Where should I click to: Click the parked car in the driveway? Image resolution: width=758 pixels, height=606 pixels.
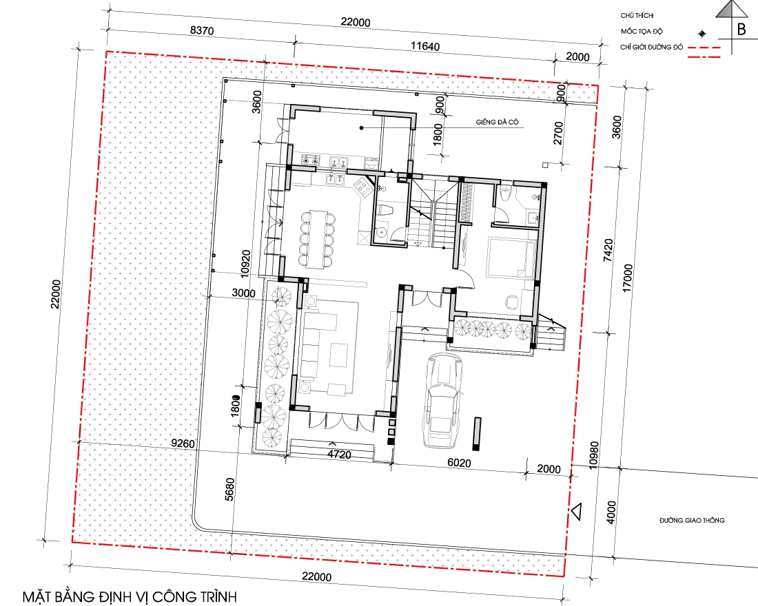pyautogui.click(x=442, y=401)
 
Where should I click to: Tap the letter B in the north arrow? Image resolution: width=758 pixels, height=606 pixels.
pyautogui.click(x=741, y=29)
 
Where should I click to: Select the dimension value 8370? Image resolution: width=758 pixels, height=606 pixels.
pyautogui.click(x=202, y=30)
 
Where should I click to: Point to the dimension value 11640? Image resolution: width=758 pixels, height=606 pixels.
pyautogui.click(x=425, y=46)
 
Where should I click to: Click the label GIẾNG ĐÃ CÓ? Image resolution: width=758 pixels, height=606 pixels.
pyautogui.click(x=497, y=123)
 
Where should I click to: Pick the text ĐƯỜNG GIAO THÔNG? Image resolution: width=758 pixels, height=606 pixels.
pyautogui.click(x=692, y=521)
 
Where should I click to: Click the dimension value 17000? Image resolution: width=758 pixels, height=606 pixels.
pyautogui.click(x=628, y=278)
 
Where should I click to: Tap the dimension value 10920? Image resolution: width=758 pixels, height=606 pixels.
pyautogui.click(x=245, y=262)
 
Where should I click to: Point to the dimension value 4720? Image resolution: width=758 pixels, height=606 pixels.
pyautogui.click(x=339, y=454)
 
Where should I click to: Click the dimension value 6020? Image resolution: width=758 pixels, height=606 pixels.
pyautogui.click(x=459, y=463)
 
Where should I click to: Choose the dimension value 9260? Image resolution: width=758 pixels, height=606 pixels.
pyautogui.click(x=183, y=443)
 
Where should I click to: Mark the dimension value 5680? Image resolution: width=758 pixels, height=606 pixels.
pyautogui.click(x=229, y=489)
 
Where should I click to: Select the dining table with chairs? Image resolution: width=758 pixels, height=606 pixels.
pyautogui.click(x=317, y=239)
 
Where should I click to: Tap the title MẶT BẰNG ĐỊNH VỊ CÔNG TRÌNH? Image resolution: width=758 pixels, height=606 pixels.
pyautogui.click(x=130, y=597)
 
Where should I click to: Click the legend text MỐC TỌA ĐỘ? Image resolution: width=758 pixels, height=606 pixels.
pyautogui.click(x=642, y=32)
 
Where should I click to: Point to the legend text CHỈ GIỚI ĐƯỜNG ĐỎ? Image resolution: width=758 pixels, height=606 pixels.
pyautogui.click(x=652, y=48)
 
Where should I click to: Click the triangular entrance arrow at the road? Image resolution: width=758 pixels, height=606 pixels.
pyautogui.click(x=576, y=512)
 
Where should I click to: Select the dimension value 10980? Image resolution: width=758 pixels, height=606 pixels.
pyautogui.click(x=594, y=454)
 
